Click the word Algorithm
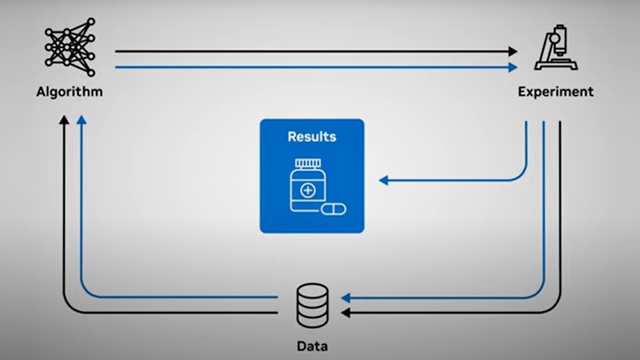point(69,91)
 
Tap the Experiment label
point(555,91)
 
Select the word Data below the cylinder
point(312,346)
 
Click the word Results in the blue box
point(312,137)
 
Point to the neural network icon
point(69,45)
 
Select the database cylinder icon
point(312,305)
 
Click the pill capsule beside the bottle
point(333,209)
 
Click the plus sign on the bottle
point(307,191)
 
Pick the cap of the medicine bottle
point(307,163)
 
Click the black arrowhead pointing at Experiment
point(513,51)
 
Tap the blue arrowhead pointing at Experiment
point(513,67)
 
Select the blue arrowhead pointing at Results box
point(383,180)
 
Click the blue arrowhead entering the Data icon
point(345,297)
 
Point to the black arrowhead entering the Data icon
point(345,312)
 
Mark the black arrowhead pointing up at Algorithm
point(64,120)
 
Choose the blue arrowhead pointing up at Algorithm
point(81,120)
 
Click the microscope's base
point(555,65)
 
